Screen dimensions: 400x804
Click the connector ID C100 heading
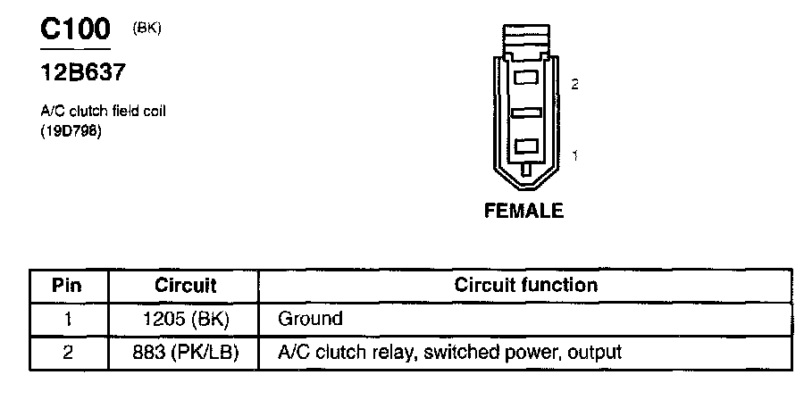[x=76, y=29]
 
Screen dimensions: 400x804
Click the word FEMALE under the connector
[x=523, y=212]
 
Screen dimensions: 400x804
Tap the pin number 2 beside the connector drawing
[x=574, y=85]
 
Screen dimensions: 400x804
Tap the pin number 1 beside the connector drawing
[x=574, y=156]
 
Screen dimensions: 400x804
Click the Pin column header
[x=68, y=287]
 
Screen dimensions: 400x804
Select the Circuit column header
[x=186, y=287]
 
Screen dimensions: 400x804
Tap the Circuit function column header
[x=525, y=287]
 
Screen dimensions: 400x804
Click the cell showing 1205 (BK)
[x=186, y=319]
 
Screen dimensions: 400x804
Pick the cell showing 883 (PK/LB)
[x=186, y=353]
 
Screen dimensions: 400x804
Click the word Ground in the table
[x=311, y=319]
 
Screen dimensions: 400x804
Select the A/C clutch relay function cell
[x=450, y=353]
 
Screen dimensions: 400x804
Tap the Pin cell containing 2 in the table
[x=68, y=353]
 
